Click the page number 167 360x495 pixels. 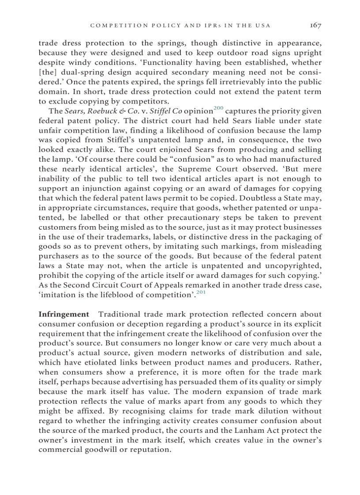[x=315, y=26]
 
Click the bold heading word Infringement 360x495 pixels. [x=64, y=314]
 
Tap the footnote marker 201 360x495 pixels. [x=201, y=292]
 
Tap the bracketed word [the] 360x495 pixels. [x=48, y=73]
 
